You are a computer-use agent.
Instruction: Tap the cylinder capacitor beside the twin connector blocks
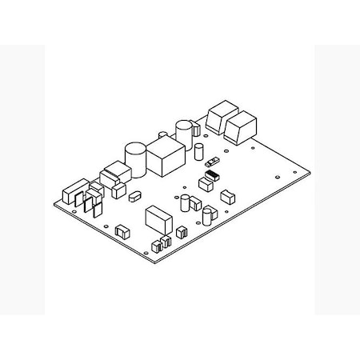184,133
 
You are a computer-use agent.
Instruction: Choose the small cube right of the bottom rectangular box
182,232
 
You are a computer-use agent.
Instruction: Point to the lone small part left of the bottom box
122,230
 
